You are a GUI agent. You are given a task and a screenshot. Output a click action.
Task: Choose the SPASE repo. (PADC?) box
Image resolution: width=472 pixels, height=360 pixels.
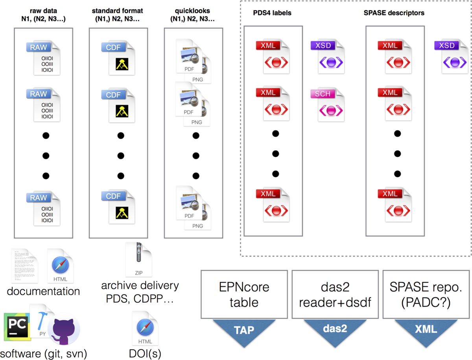point(426,294)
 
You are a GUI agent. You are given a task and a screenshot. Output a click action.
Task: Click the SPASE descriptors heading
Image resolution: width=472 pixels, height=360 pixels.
point(395,13)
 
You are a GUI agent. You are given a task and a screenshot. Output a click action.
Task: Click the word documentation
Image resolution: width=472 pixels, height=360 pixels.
point(44,292)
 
